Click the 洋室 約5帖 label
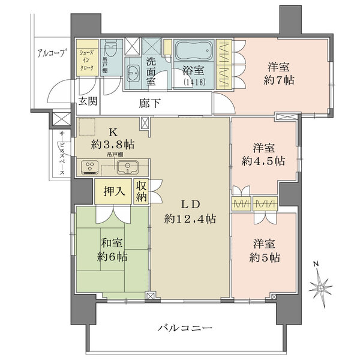(x=265, y=251)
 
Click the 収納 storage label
(x=142, y=192)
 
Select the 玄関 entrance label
(x=88, y=101)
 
